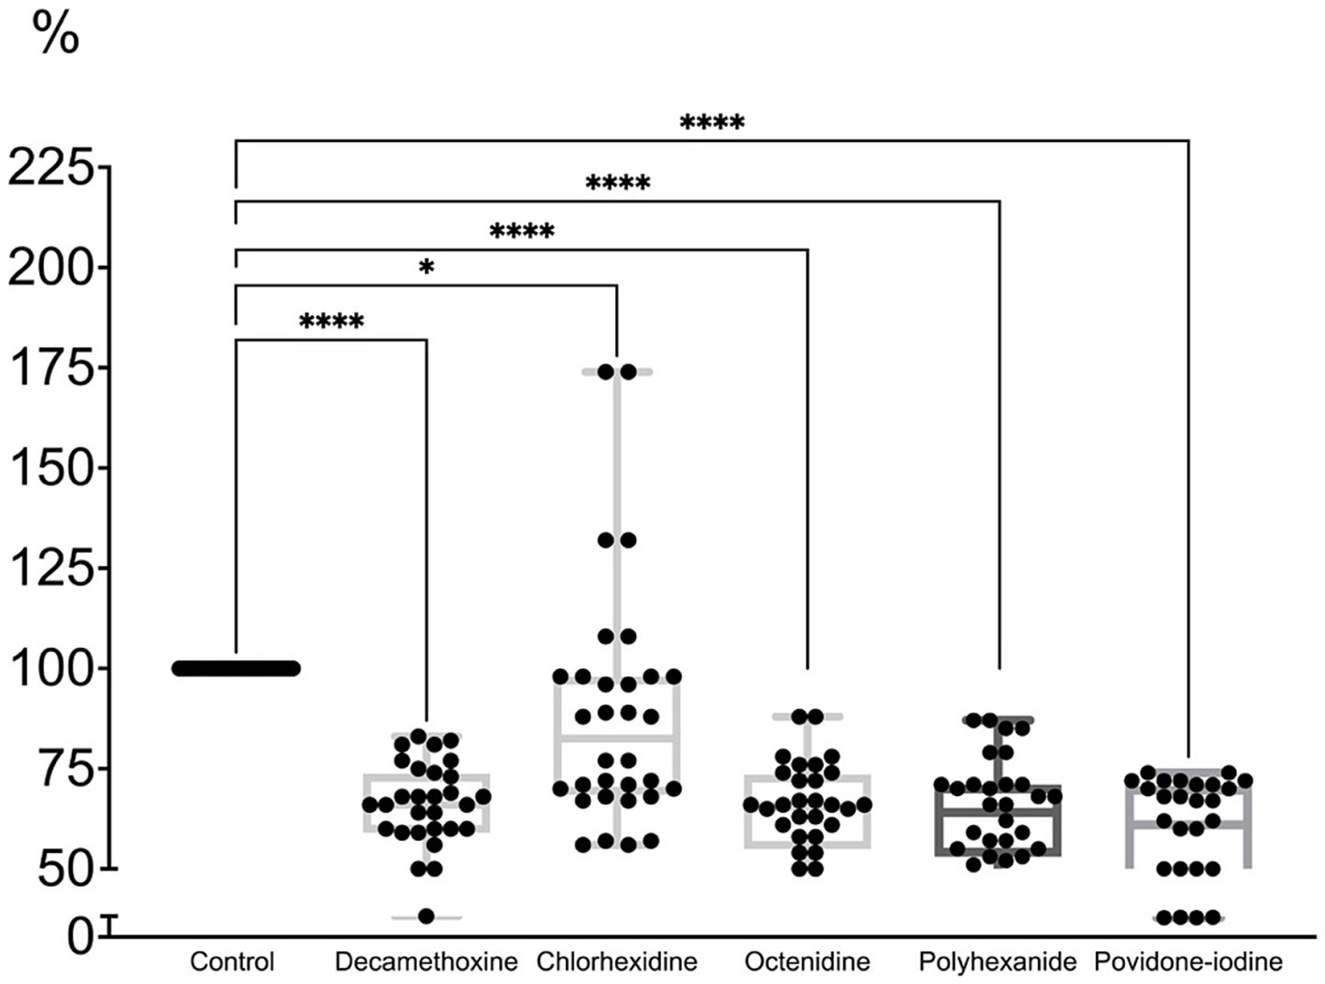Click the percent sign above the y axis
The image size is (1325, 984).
[55, 35]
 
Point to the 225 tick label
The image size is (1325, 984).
[64, 168]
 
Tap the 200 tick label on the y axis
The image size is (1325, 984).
[64, 268]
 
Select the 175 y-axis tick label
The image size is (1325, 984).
[64, 369]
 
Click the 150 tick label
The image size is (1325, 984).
[64, 468]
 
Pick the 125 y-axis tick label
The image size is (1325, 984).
[64, 568]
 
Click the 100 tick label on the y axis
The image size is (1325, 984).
[64, 668]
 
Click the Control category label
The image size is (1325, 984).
[232, 962]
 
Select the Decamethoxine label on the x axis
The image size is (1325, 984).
[425, 962]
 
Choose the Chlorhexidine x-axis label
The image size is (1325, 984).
[617, 962]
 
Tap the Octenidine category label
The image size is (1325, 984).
[807, 962]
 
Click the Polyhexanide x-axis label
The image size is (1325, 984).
[998, 962]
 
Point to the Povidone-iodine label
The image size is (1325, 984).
[1188, 962]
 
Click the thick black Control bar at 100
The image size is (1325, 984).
[236, 668]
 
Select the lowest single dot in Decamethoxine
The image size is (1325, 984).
[426, 917]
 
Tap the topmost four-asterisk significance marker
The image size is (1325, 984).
[712, 123]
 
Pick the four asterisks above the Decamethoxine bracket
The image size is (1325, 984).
[331, 323]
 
